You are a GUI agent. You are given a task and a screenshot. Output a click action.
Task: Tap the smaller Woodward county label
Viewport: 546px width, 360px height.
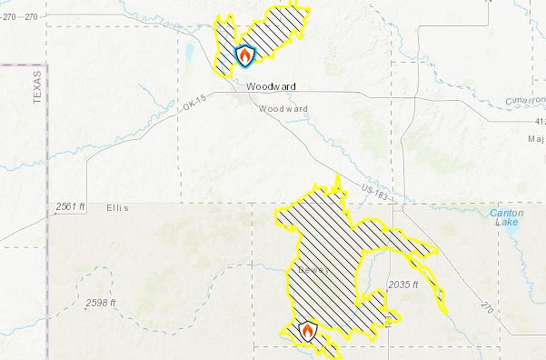tap(283, 109)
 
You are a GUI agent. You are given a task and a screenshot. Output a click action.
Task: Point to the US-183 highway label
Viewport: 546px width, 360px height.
tap(373, 192)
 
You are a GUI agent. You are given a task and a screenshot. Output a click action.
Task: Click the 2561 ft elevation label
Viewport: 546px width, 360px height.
tap(71, 207)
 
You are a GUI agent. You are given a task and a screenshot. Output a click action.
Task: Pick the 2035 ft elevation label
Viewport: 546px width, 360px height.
tap(403, 285)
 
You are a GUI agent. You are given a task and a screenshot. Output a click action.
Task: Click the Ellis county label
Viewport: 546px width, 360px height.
tap(116, 208)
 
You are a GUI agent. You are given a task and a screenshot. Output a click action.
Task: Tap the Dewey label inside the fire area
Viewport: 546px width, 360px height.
tap(311, 271)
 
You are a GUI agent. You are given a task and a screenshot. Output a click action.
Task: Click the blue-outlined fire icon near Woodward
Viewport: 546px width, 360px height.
tap(244, 56)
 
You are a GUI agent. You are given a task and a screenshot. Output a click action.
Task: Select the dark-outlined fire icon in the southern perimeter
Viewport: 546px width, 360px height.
tap(308, 332)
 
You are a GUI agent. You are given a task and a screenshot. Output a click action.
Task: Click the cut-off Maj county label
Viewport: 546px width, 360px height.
tap(535, 139)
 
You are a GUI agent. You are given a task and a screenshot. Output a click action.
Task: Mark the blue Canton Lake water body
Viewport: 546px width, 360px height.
tap(511, 238)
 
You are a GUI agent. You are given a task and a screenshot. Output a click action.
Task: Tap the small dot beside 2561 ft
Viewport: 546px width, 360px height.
tap(51, 207)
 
